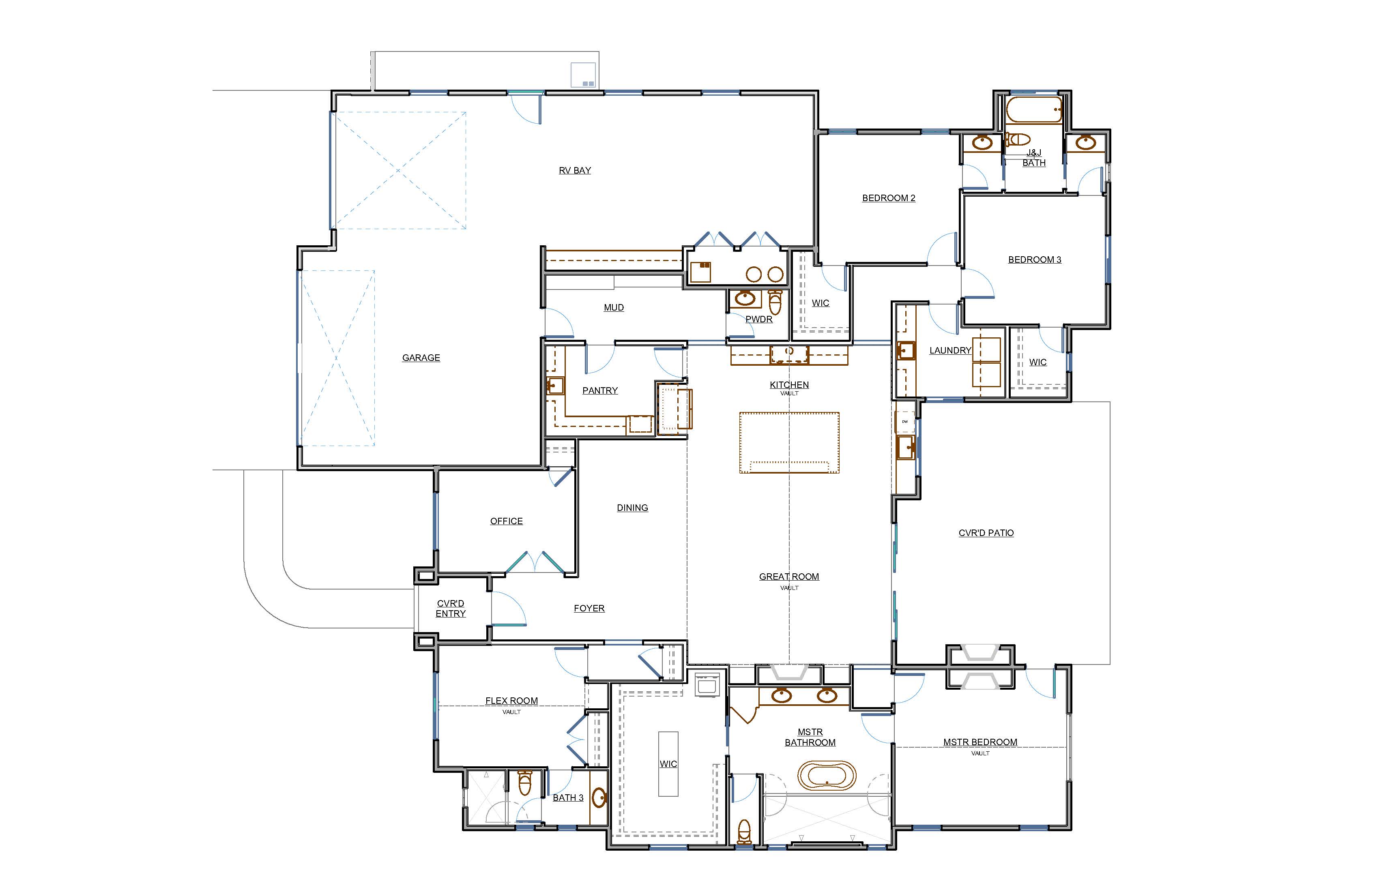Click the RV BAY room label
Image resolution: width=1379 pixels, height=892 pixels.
point(575,170)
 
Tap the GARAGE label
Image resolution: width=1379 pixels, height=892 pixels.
point(421,358)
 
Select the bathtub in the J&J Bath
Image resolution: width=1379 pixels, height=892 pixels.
point(1034,109)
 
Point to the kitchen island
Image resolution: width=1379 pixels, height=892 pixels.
point(789,442)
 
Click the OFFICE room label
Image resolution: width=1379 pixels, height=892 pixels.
point(507,521)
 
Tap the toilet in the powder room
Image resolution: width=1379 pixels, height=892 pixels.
point(775,301)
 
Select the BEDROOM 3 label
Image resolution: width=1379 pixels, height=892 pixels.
point(1035,259)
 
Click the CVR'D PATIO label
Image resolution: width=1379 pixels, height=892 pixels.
point(986,533)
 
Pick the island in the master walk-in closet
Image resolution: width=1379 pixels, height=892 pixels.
point(668,764)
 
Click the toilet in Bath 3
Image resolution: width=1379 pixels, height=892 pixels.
point(525,783)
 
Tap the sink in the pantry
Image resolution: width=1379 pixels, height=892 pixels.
point(555,386)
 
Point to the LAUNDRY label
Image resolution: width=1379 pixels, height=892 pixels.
point(950,350)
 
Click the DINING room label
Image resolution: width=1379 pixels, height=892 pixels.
point(632,508)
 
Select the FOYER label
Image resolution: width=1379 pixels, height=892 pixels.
point(589,608)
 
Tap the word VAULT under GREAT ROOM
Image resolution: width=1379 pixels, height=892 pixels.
point(789,588)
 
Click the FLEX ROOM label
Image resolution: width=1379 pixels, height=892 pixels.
point(511,701)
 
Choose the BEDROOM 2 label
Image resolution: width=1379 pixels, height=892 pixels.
point(889,198)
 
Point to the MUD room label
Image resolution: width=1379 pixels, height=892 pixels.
point(614,308)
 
